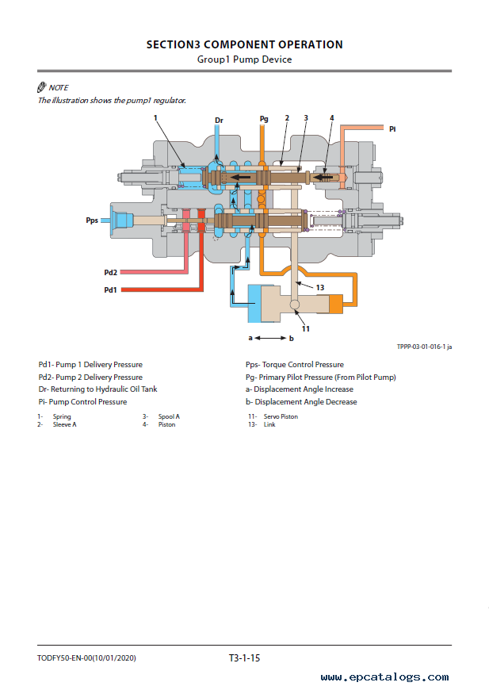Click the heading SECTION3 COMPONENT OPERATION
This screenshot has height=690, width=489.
pos(244,45)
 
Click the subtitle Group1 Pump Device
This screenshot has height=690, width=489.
pos(244,59)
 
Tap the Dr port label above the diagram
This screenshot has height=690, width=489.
pos(220,121)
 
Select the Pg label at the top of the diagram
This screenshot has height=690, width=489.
pos(264,119)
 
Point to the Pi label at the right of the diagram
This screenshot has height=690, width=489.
pos(392,128)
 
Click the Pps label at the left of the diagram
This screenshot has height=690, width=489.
pos(92,220)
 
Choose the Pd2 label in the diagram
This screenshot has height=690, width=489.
pos(111,272)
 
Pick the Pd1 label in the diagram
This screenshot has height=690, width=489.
pos(111,289)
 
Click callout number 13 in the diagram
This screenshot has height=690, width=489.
pos(320,287)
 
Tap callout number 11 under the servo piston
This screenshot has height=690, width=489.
pos(305,328)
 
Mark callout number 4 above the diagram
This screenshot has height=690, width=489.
pos(331,118)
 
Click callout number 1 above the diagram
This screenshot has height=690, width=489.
pos(156,118)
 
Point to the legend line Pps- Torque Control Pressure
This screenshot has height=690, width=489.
pos(295,365)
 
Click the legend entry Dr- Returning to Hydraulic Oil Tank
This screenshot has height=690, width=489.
pos(97,389)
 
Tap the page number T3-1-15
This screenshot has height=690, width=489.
pos(244,657)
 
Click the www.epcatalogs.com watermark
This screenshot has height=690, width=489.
pos(385,677)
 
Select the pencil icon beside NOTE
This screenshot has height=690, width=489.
pos(42,87)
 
